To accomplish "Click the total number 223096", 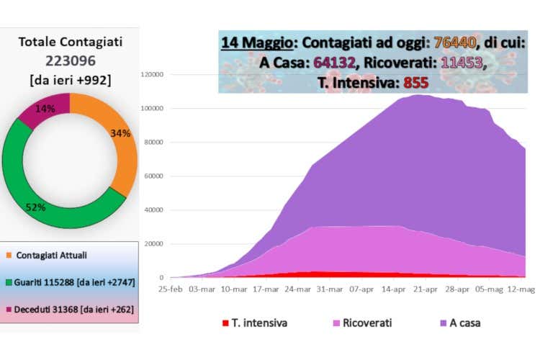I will click(69, 61).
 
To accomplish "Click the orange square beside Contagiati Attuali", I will click(9, 256).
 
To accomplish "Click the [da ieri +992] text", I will click(69, 80).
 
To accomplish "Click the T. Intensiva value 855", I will click(416, 83).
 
